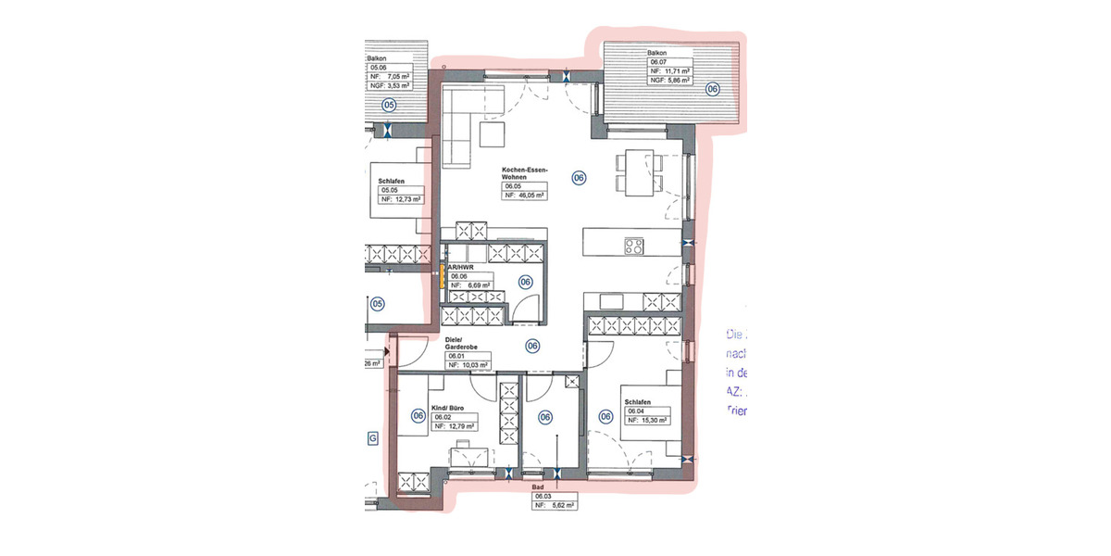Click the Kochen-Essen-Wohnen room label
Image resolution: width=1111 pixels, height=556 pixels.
click(x=525, y=173)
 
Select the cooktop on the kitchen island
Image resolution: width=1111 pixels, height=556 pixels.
click(x=634, y=246)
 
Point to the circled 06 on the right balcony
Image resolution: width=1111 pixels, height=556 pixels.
click(x=712, y=89)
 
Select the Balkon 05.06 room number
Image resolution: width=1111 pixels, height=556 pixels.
click(x=379, y=68)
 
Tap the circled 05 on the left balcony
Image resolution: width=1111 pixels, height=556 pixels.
click(x=389, y=105)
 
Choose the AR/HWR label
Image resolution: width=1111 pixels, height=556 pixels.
click(x=460, y=266)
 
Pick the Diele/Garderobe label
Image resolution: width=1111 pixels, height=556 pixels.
click(x=461, y=345)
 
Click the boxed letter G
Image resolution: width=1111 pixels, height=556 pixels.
click(x=373, y=437)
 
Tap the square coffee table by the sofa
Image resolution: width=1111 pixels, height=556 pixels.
click(x=493, y=136)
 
